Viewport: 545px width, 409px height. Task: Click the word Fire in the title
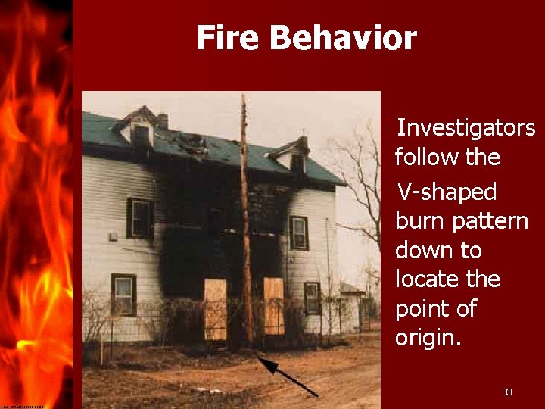[226, 38]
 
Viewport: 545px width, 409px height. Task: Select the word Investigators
[466, 128]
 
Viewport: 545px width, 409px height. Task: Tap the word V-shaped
[447, 192]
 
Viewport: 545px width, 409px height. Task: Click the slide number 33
[507, 392]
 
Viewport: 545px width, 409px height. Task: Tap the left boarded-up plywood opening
[215, 309]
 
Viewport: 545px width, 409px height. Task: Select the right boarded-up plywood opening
[273, 305]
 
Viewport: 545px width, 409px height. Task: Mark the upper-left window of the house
[139, 218]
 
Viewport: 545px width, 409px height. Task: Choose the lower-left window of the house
[123, 295]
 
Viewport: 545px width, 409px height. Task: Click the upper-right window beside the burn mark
[298, 233]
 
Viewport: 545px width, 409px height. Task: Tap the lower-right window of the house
[312, 298]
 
